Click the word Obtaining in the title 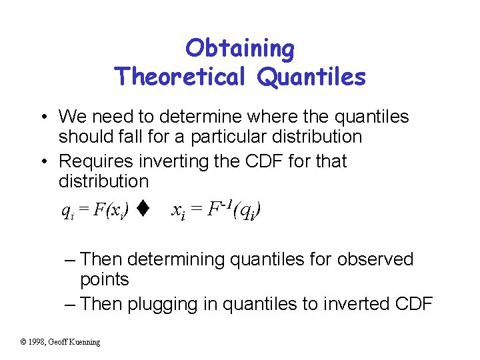coord(240,49)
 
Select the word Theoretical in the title coord(181,77)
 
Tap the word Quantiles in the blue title coord(311,77)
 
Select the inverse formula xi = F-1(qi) coord(216,211)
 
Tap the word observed coord(375,259)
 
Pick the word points coord(104,279)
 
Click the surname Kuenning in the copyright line coord(85,342)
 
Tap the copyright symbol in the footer coord(23,342)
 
